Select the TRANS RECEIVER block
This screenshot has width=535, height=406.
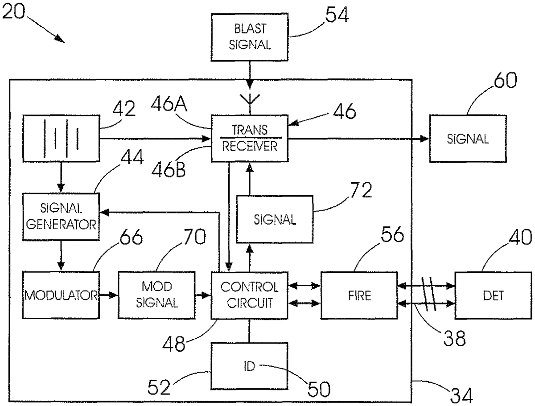pos(250,138)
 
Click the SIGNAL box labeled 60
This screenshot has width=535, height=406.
pos(468,138)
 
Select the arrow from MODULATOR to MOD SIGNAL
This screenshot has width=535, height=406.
pos(107,295)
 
